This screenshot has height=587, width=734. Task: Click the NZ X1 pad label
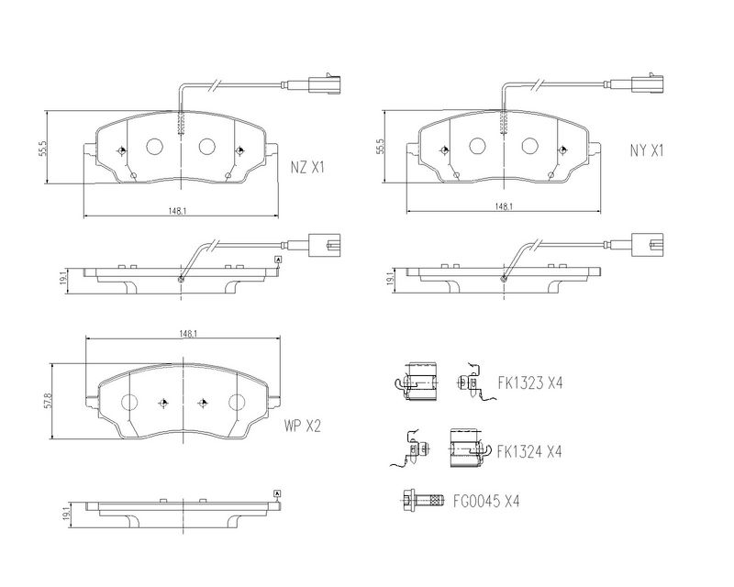(x=307, y=168)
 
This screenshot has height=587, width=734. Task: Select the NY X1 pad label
(x=647, y=150)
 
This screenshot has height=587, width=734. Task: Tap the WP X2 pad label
(x=303, y=426)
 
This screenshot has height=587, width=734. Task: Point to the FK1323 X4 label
(x=530, y=383)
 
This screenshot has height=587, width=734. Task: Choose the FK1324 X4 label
(x=529, y=452)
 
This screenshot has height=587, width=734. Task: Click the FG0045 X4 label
(x=486, y=502)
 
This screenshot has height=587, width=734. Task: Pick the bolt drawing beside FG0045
(x=422, y=501)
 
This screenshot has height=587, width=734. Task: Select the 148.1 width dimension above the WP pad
(x=187, y=334)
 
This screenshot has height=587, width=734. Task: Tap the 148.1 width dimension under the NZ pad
(x=178, y=211)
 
